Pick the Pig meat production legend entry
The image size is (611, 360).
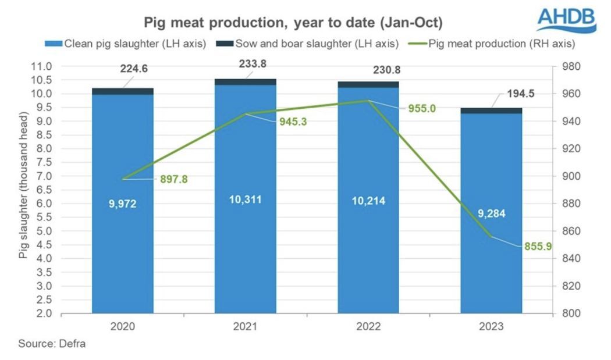pos(495,44)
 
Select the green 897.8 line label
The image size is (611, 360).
pos(174,180)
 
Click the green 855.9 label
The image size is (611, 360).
pos(537,247)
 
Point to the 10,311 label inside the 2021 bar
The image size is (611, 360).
pos(245,199)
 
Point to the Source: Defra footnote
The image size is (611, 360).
pos(52,344)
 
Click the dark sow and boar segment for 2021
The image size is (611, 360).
pos(245,82)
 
